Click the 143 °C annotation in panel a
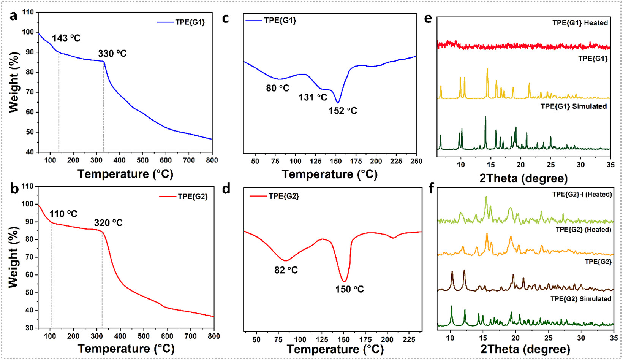[66, 38]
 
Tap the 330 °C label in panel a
[112, 54]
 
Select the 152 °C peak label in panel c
[343, 111]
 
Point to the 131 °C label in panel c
[313, 97]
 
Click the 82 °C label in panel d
[286, 270]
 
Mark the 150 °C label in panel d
[349, 289]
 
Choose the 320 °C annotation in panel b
[109, 223]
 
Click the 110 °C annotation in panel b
[63, 214]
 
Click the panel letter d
[226, 189]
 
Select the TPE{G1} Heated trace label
[580, 23]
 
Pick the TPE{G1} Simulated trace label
[574, 106]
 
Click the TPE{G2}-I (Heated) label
[582, 194]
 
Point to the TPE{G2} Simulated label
[581, 299]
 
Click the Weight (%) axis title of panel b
[13, 257]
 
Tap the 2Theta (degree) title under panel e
[523, 178]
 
